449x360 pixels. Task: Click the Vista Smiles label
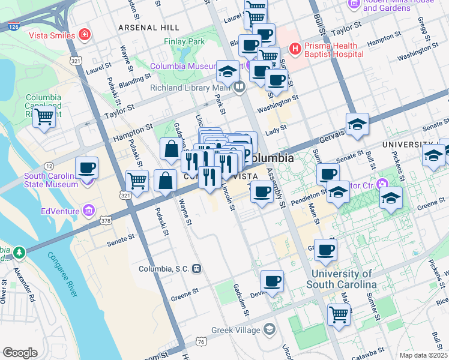[x=53, y=35]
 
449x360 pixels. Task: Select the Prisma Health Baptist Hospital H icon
[x=295, y=49]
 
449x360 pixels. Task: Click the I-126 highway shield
[x=13, y=26]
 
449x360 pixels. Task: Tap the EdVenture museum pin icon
[x=89, y=210]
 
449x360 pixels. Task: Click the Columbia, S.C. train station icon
[x=196, y=269]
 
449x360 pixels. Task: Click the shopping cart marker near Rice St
[x=339, y=314]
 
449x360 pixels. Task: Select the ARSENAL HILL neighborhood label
[x=148, y=28]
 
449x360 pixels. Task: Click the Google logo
[x=20, y=353]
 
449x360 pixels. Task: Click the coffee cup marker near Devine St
[x=272, y=281]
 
